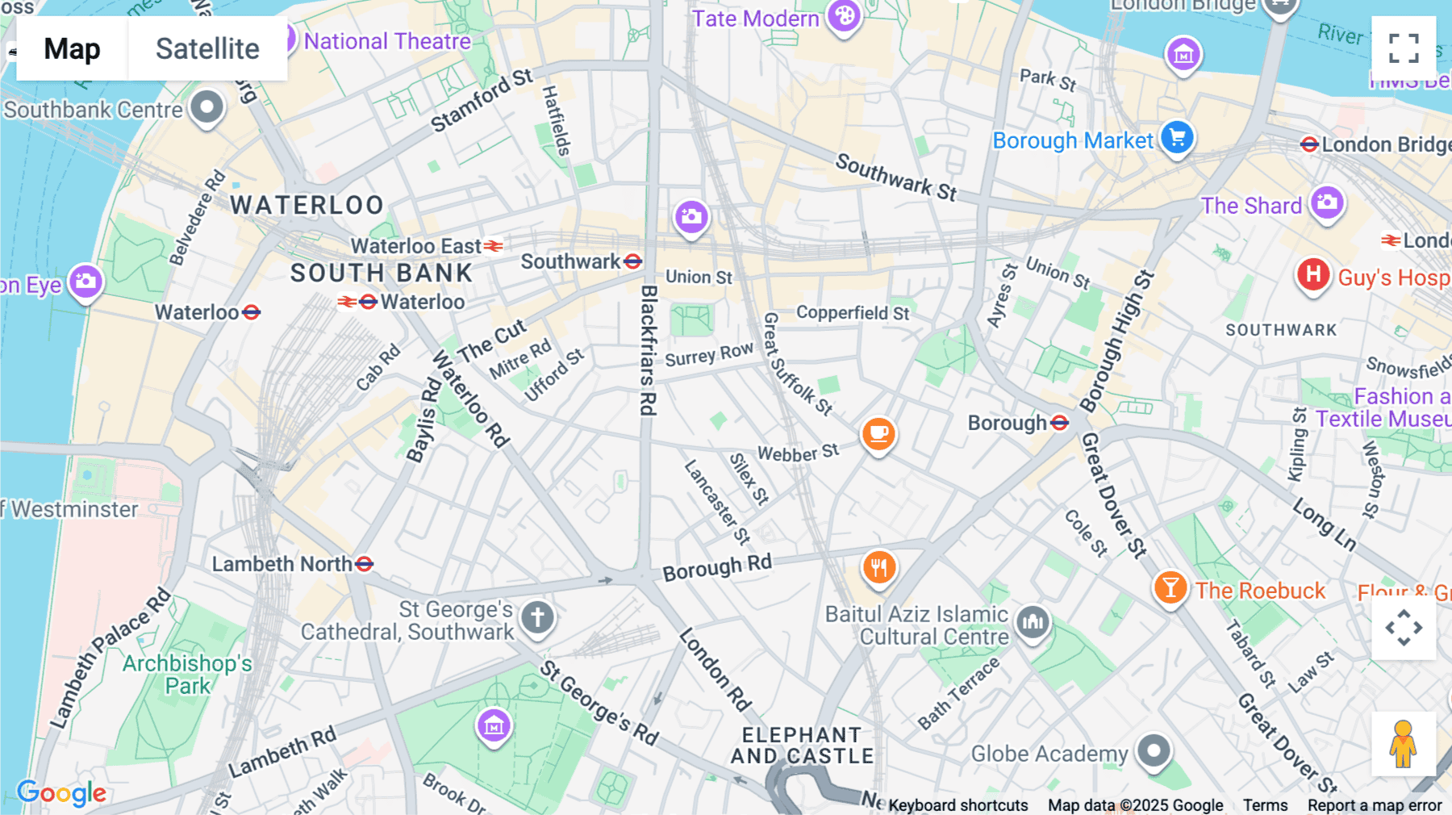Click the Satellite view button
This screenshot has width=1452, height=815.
pyautogui.click(x=207, y=48)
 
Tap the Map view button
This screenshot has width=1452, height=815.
pyautogui.click(x=72, y=48)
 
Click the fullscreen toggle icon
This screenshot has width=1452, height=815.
pyautogui.click(x=1404, y=48)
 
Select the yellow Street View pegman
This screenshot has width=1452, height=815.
pyautogui.click(x=1403, y=744)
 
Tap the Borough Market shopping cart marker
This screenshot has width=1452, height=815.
pyautogui.click(x=1177, y=137)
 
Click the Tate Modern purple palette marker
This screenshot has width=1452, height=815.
pyautogui.click(x=844, y=15)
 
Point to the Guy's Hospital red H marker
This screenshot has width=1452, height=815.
pyautogui.click(x=1312, y=274)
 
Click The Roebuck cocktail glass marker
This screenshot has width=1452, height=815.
pyautogui.click(x=1170, y=587)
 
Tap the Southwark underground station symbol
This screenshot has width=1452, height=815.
pyautogui.click(x=633, y=261)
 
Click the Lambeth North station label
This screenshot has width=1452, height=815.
pyautogui.click(x=282, y=564)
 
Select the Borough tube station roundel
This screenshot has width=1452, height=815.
pyautogui.click(x=1060, y=423)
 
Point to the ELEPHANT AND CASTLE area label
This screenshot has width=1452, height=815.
pyautogui.click(x=802, y=746)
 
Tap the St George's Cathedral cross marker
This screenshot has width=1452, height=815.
pyautogui.click(x=537, y=617)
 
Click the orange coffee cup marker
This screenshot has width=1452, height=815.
pyautogui.click(x=878, y=433)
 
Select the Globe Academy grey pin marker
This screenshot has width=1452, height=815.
pyautogui.click(x=1154, y=751)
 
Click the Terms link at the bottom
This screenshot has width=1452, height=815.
pyautogui.click(x=1265, y=805)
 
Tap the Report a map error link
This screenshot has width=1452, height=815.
pyautogui.click(x=1375, y=805)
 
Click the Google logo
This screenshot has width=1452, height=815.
pyautogui.click(x=61, y=792)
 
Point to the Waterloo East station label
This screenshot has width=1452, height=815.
pyautogui.click(x=415, y=246)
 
